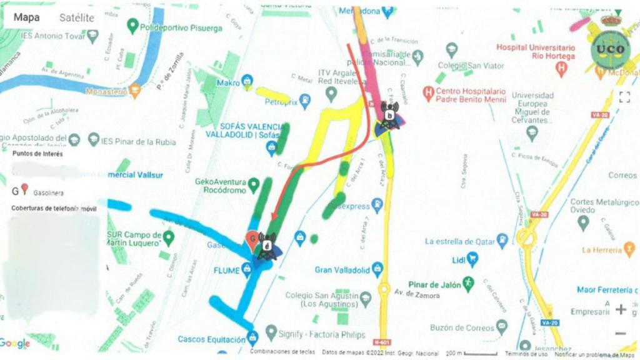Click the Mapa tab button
coord(27,17)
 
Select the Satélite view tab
coord(77,17)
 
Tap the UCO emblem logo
coord(610,48)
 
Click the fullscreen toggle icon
coord(624,97)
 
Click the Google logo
coord(15,343)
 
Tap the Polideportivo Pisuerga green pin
coord(132,26)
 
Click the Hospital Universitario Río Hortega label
coord(536,52)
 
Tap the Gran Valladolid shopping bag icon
coord(377,269)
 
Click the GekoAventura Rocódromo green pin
coord(254,184)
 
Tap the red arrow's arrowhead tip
coord(272,219)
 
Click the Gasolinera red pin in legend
coord(24,189)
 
